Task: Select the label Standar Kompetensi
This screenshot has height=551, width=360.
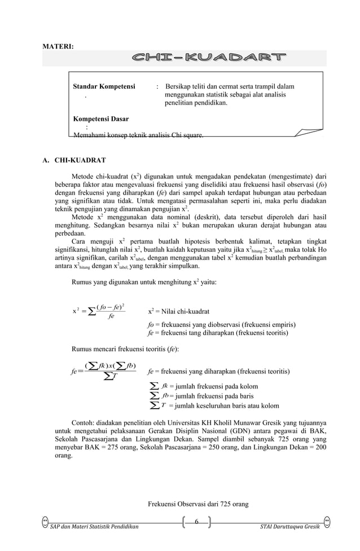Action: (104, 87)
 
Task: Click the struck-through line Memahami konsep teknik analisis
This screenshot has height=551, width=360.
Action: (139, 135)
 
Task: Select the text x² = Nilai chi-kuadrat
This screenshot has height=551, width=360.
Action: (178, 311)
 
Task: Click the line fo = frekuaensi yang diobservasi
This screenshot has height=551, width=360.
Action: (221, 325)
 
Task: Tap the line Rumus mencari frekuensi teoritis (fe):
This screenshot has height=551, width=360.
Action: (122, 350)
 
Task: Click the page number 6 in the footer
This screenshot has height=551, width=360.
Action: (196, 521)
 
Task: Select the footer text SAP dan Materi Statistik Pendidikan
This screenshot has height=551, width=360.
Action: (95, 527)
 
